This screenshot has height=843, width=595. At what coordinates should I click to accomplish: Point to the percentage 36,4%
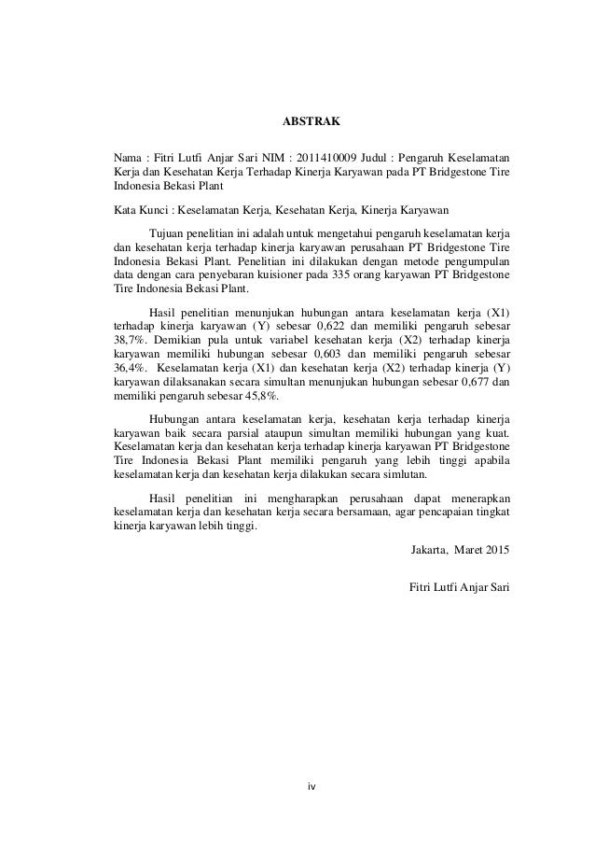tap(127, 371)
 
